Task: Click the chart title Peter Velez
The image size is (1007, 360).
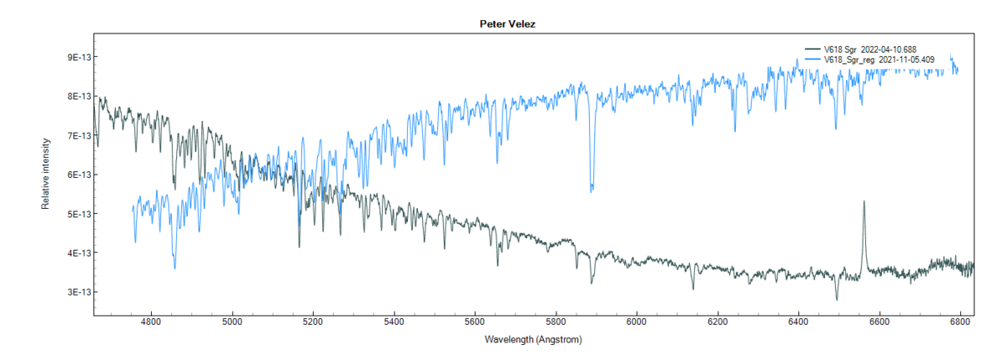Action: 502,25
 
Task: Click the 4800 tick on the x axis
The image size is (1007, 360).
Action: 151,321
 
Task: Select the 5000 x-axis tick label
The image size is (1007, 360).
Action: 232,321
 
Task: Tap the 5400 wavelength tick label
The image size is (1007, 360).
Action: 394,321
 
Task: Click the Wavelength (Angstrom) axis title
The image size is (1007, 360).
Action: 533,341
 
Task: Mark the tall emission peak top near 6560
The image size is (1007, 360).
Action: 864,201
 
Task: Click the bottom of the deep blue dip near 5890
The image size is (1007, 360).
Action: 592,191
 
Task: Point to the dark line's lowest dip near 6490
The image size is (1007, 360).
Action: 836,300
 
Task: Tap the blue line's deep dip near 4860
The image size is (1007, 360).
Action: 175,269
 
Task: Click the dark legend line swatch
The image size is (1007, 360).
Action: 811,50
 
